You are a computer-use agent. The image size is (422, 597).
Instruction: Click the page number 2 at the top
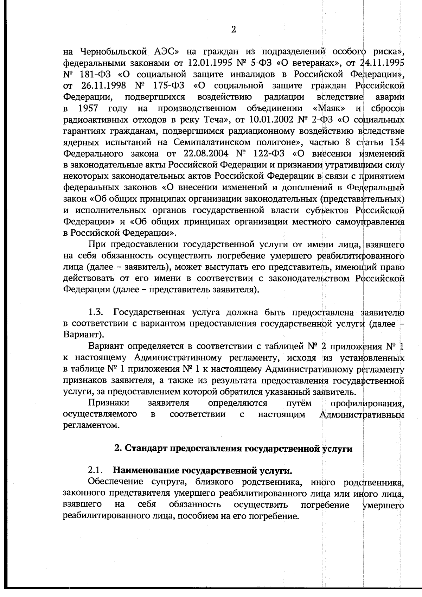(x=234, y=30)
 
